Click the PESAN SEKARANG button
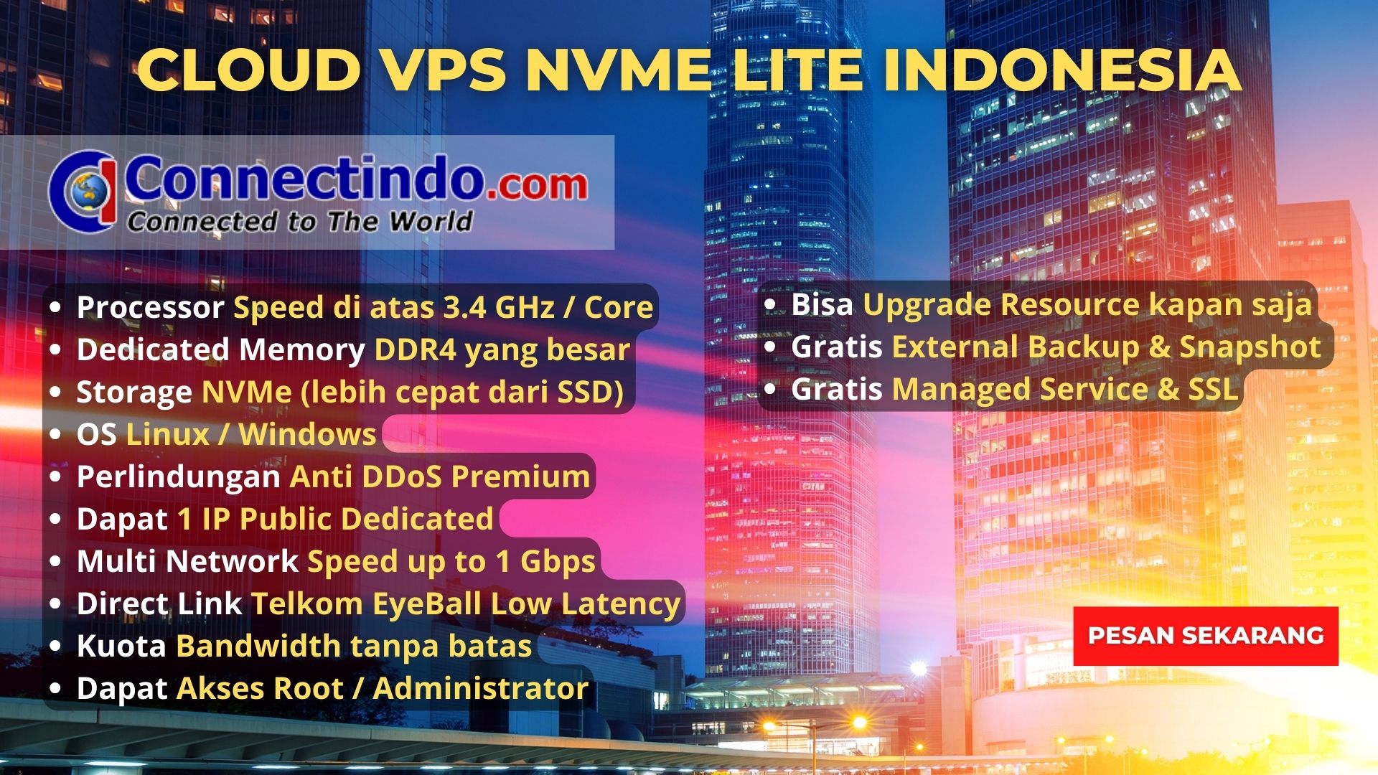tap(1206, 636)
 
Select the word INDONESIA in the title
tap(1061, 70)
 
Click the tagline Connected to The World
tap(300, 221)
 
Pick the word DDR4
tap(415, 349)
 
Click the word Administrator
tap(481, 688)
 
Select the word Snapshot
tap(1250, 347)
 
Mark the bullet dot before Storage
tap(56, 393)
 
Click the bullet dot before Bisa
tap(770, 305)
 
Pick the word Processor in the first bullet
tap(150, 307)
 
